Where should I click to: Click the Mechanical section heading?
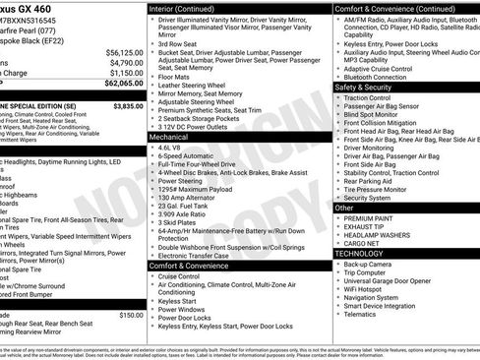coord(168,138)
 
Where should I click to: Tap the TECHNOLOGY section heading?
coord(360,253)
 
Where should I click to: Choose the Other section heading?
coord(344,209)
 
